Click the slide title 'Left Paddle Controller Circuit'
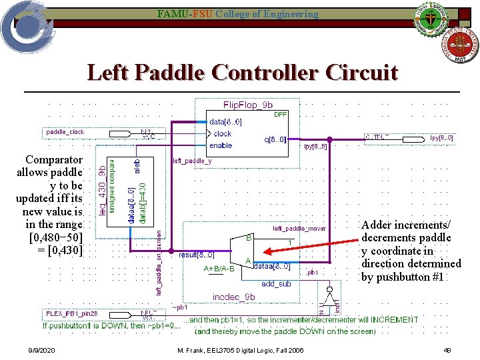pos(242,72)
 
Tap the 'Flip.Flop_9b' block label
pos(247,105)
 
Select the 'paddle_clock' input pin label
pos(65,132)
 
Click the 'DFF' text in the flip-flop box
pos(281,115)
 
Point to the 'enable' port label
pos(221,145)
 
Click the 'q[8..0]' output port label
pos(275,139)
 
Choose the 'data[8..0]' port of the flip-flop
pos(225,122)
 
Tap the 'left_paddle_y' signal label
pos(193,161)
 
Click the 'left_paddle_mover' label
pos(299,229)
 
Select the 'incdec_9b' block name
pos(233,297)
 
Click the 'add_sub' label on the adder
pos(275,283)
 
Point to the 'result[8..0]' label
pos(196,255)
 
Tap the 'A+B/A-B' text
pos(219,269)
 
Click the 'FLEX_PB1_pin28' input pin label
pos(72,313)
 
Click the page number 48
pos(447,351)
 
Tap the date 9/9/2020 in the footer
pos(42,351)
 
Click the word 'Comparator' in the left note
pos(54,160)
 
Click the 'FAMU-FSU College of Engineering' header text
pos(238,14)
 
